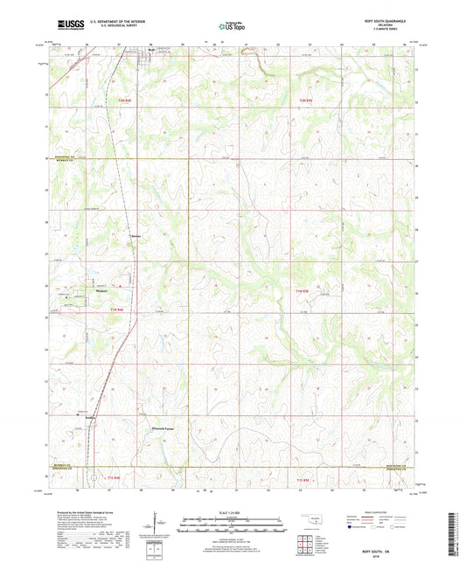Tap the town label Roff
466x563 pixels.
[x=150, y=61]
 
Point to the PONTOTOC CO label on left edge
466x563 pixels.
[x=57, y=157]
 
